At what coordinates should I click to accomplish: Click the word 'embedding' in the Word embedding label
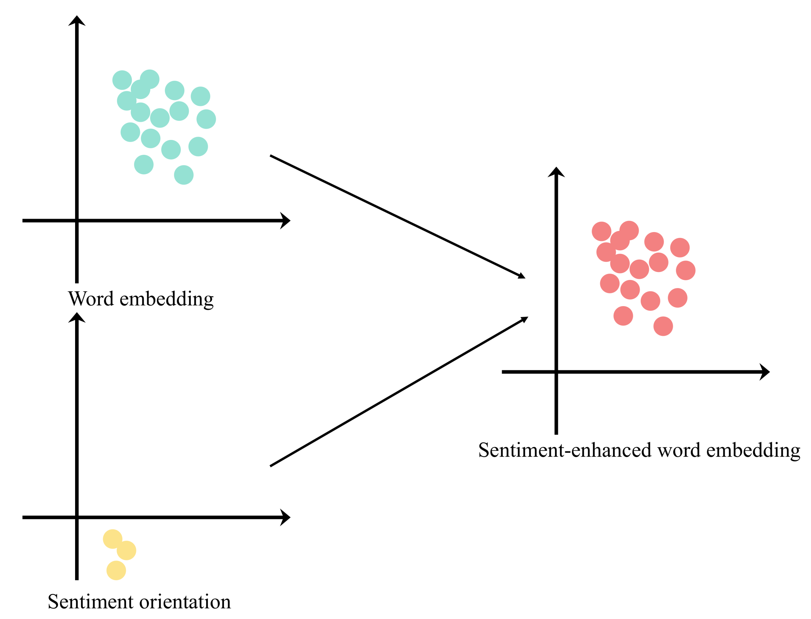point(167,299)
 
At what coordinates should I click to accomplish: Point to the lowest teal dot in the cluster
point(183,175)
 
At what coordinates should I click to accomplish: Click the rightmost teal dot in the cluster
point(206,119)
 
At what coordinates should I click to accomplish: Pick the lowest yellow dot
point(116,570)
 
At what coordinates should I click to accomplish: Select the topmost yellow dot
point(112,539)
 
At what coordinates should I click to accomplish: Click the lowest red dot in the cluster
point(663,326)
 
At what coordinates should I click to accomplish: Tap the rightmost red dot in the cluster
point(686,270)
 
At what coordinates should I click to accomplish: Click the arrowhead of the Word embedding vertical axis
point(77,20)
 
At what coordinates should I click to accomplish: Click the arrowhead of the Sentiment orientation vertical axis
point(77,317)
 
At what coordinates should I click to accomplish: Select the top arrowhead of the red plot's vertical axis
point(556,172)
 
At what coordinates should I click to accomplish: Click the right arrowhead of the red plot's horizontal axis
point(765,372)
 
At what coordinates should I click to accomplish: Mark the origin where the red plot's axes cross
point(556,372)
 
